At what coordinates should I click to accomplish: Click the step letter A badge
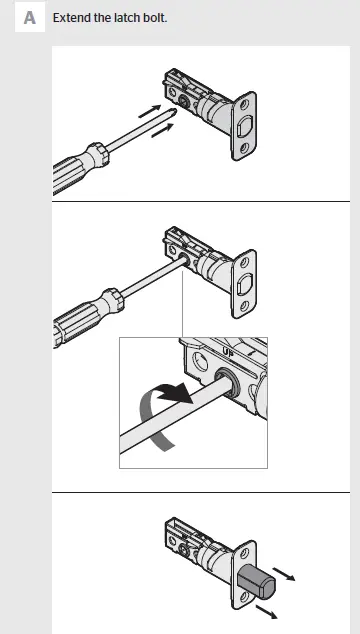pyautogui.click(x=31, y=19)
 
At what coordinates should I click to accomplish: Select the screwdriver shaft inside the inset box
pyautogui.click(x=170, y=417)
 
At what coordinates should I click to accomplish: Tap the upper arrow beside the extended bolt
pyautogui.click(x=287, y=574)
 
